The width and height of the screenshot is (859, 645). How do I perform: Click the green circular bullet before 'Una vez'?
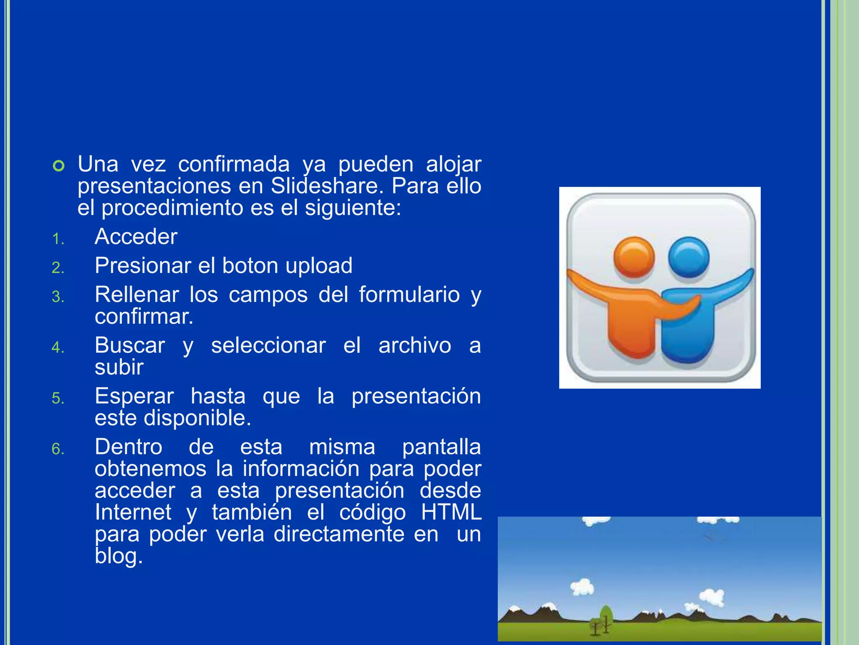[x=59, y=166]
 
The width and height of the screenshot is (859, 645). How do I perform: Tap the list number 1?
[x=58, y=239]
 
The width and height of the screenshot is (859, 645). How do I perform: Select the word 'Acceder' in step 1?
[x=136, y=237]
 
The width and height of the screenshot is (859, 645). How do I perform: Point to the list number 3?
[x=58, y=297]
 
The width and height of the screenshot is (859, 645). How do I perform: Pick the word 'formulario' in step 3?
[x=409, y=294]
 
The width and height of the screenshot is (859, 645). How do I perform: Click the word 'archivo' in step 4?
[x=414, y=346]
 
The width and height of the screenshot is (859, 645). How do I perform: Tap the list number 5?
[x=58, y=399]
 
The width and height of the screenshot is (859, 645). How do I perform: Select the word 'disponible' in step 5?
[x=196, y=418]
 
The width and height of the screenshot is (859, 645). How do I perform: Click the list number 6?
[x=58, y=449]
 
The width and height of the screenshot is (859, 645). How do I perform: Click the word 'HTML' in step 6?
[x=451, y=512]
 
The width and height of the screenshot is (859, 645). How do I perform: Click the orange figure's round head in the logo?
[x=634, y=257]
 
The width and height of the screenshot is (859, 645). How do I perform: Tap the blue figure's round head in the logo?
[x=688, y=257]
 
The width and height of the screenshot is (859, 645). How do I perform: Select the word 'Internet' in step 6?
[x=133, y=512]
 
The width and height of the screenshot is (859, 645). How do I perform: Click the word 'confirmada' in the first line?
[x=234, y=164]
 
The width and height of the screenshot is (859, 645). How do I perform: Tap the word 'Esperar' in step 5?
[x=134, y=396]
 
